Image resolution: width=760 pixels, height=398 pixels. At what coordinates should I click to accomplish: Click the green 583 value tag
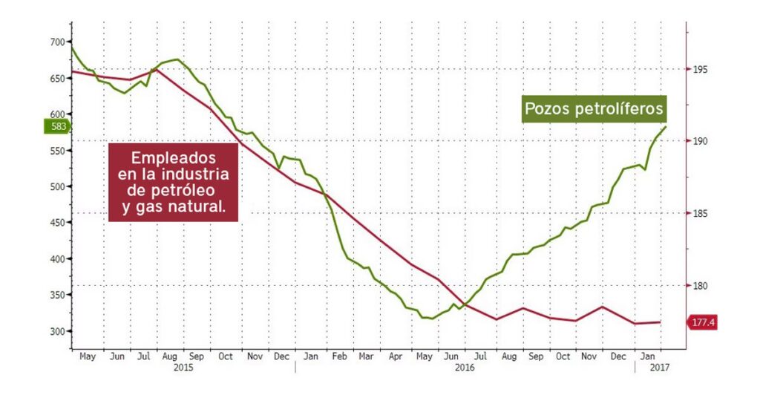[57, 127]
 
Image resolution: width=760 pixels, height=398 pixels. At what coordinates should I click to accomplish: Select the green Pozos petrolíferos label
[594, 109]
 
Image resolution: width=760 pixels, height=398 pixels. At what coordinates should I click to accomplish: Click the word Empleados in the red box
[173, 159]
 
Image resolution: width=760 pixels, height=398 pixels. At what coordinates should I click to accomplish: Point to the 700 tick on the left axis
[57, 42]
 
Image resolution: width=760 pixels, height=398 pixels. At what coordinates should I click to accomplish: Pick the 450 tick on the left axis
[57, 223]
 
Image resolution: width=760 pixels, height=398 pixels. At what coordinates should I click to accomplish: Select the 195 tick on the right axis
[700, 70]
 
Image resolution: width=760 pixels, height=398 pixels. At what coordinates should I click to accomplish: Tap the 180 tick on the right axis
[700, 286]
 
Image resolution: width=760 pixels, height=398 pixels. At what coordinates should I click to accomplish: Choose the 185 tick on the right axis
[700, 214]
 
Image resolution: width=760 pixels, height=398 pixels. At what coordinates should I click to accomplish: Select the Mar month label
[366, 356]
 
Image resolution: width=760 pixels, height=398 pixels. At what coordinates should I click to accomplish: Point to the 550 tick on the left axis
[57, 151]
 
